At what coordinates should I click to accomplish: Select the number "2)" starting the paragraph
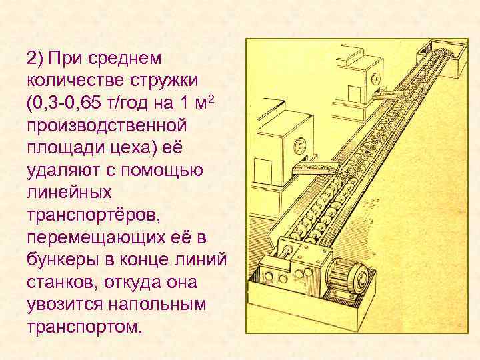pyautogui.click(x=35, y=58)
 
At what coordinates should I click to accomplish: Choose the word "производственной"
pyautogui.click(x=105, y=126)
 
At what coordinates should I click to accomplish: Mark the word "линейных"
pyautogui.click(x=65, y=193)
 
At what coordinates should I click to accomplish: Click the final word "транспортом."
pyautogui.click(x=85, y=327)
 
